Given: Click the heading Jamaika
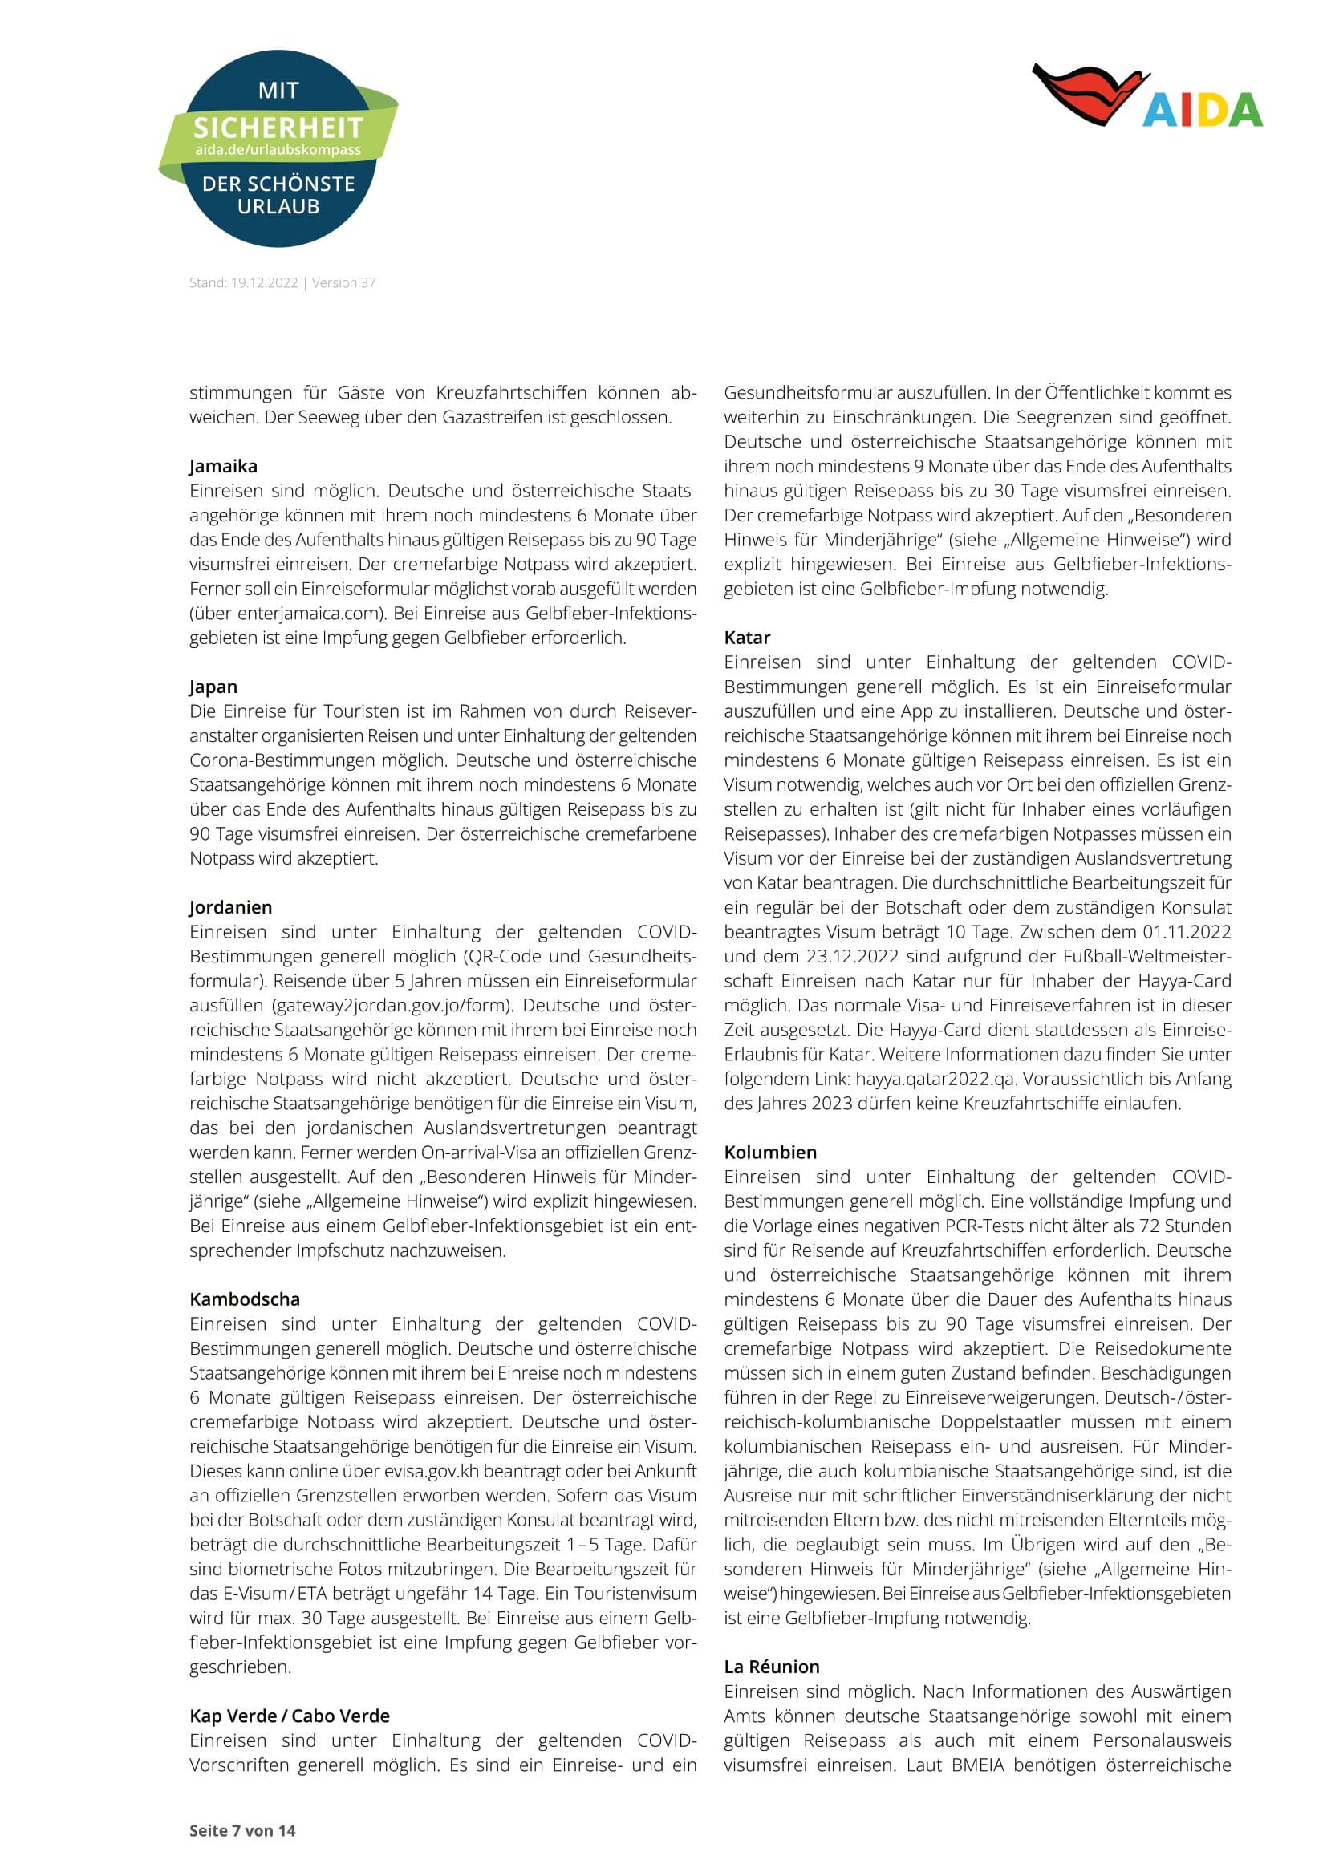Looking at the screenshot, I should pos(223,467).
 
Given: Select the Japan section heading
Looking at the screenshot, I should pos(213,687).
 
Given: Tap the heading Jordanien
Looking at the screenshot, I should pos(230,908).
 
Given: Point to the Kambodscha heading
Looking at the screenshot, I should pos(245,1300).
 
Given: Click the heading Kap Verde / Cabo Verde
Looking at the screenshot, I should pos(290,1716).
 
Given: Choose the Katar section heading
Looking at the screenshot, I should pos(747,638).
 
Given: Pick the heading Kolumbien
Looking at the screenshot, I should pos(769,1153).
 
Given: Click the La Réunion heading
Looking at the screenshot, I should pos(771,1667).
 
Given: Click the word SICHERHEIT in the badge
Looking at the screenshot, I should pos(278,128).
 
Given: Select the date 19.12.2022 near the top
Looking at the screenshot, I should pos(264,282).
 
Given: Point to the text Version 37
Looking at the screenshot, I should pos(344,282).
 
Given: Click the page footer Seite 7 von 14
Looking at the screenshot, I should pos(241,1831).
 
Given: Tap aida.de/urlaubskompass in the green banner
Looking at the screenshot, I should pos(278,150).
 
